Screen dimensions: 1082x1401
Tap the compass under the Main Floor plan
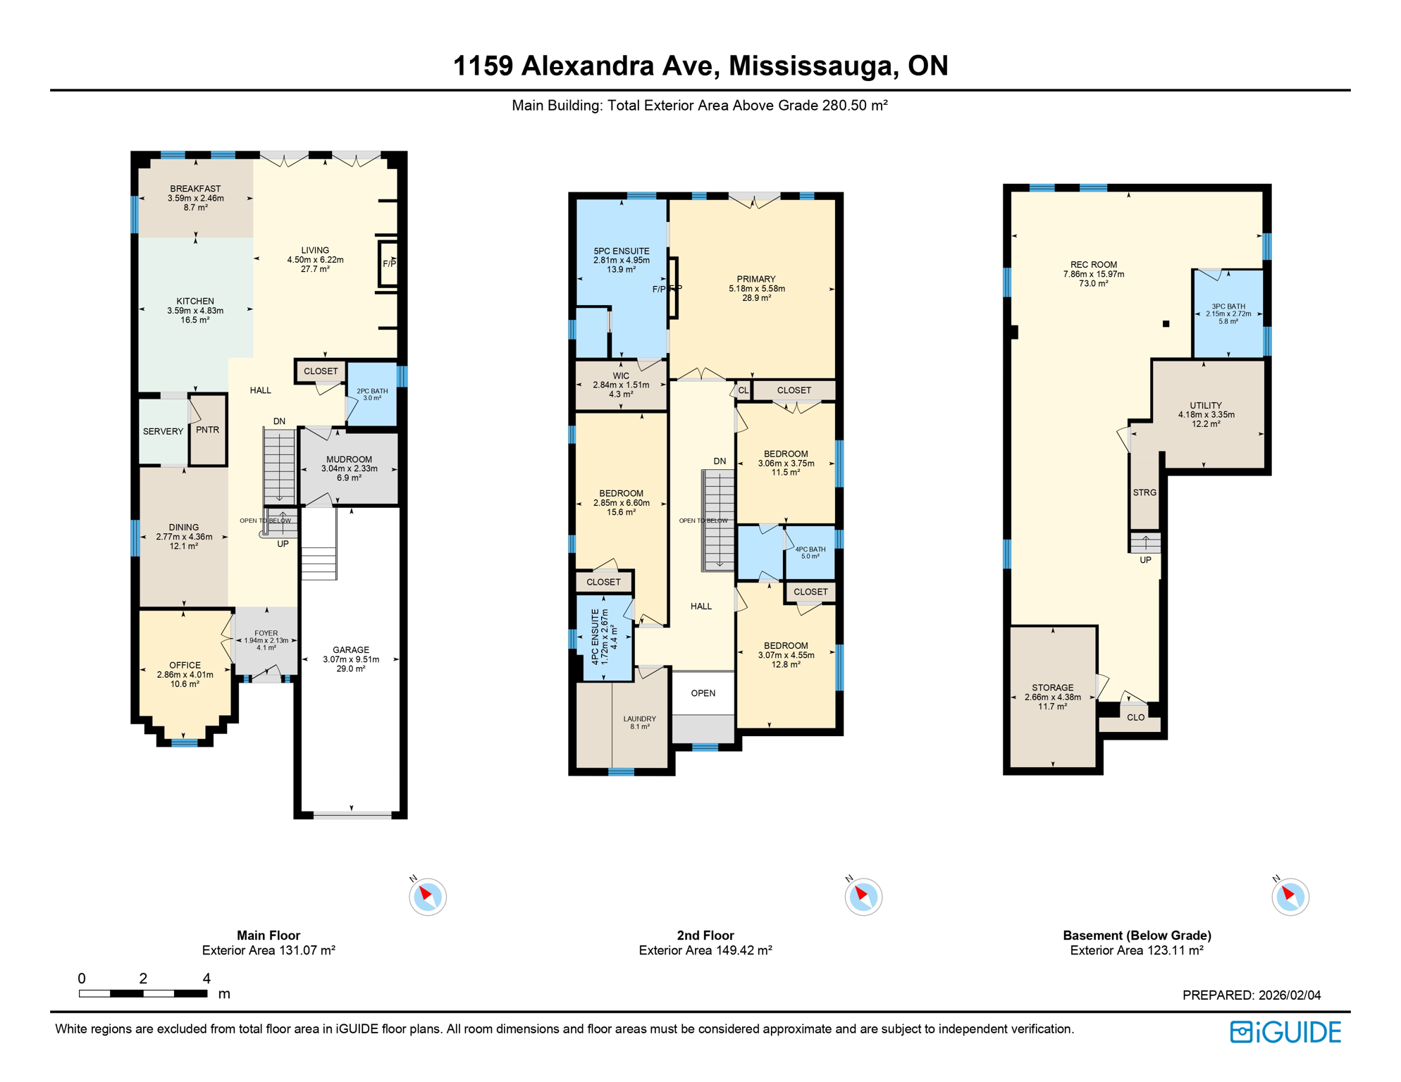pos(427,897)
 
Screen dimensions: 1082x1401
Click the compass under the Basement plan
pos(1290,897)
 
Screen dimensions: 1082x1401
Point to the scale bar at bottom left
pos(143,993)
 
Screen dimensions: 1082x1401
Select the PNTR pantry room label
pos(207,430)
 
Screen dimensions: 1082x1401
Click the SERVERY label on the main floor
pos(163,431)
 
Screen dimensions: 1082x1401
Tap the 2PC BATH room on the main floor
pos(372,394)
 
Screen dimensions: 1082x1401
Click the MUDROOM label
pos(349,459)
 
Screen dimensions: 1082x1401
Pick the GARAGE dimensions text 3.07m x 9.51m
pos(351,659)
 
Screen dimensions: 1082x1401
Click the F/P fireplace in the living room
pos(389,263)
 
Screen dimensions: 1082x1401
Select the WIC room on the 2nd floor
pos(621,385)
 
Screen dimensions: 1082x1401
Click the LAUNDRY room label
pos(639,719)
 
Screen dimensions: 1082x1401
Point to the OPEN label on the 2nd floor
pos(703,693)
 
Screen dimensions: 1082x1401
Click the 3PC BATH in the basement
pos(1228,313)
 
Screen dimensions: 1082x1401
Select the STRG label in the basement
pos(1144,492)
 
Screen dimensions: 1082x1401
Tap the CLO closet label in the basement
pos(1135,717)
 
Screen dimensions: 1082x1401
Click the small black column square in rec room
pos(1166,324)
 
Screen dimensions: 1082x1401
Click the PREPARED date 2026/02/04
pos(1251,995)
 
